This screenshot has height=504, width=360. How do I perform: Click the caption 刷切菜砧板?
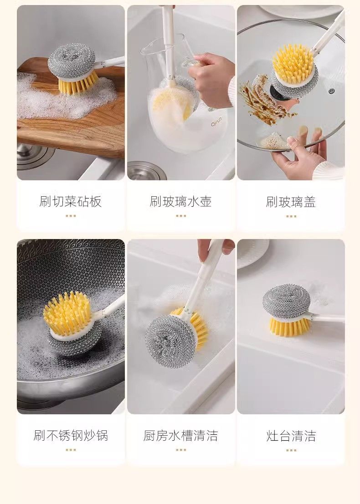point(71,202)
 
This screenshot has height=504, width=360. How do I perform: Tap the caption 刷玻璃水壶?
point(181,202)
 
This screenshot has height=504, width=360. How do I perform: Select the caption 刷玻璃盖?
point(291,202)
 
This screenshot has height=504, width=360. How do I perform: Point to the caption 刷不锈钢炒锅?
point(71,435)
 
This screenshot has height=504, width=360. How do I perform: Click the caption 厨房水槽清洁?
point(181,436)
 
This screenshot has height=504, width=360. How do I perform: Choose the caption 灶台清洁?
point(291,436)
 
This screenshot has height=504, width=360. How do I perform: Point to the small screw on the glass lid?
point(332,91)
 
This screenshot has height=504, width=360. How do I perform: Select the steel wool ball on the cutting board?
point(72,59)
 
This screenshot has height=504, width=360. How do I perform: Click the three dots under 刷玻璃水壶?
point(181,216)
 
